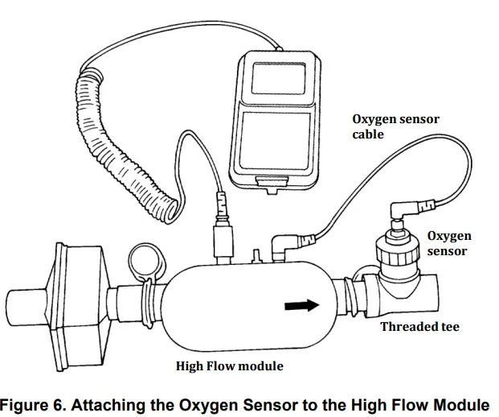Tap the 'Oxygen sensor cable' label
pos(395,127)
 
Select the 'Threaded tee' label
pos(419,327)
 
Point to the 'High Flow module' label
pos(229,366)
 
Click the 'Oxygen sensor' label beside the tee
pos(448,243)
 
